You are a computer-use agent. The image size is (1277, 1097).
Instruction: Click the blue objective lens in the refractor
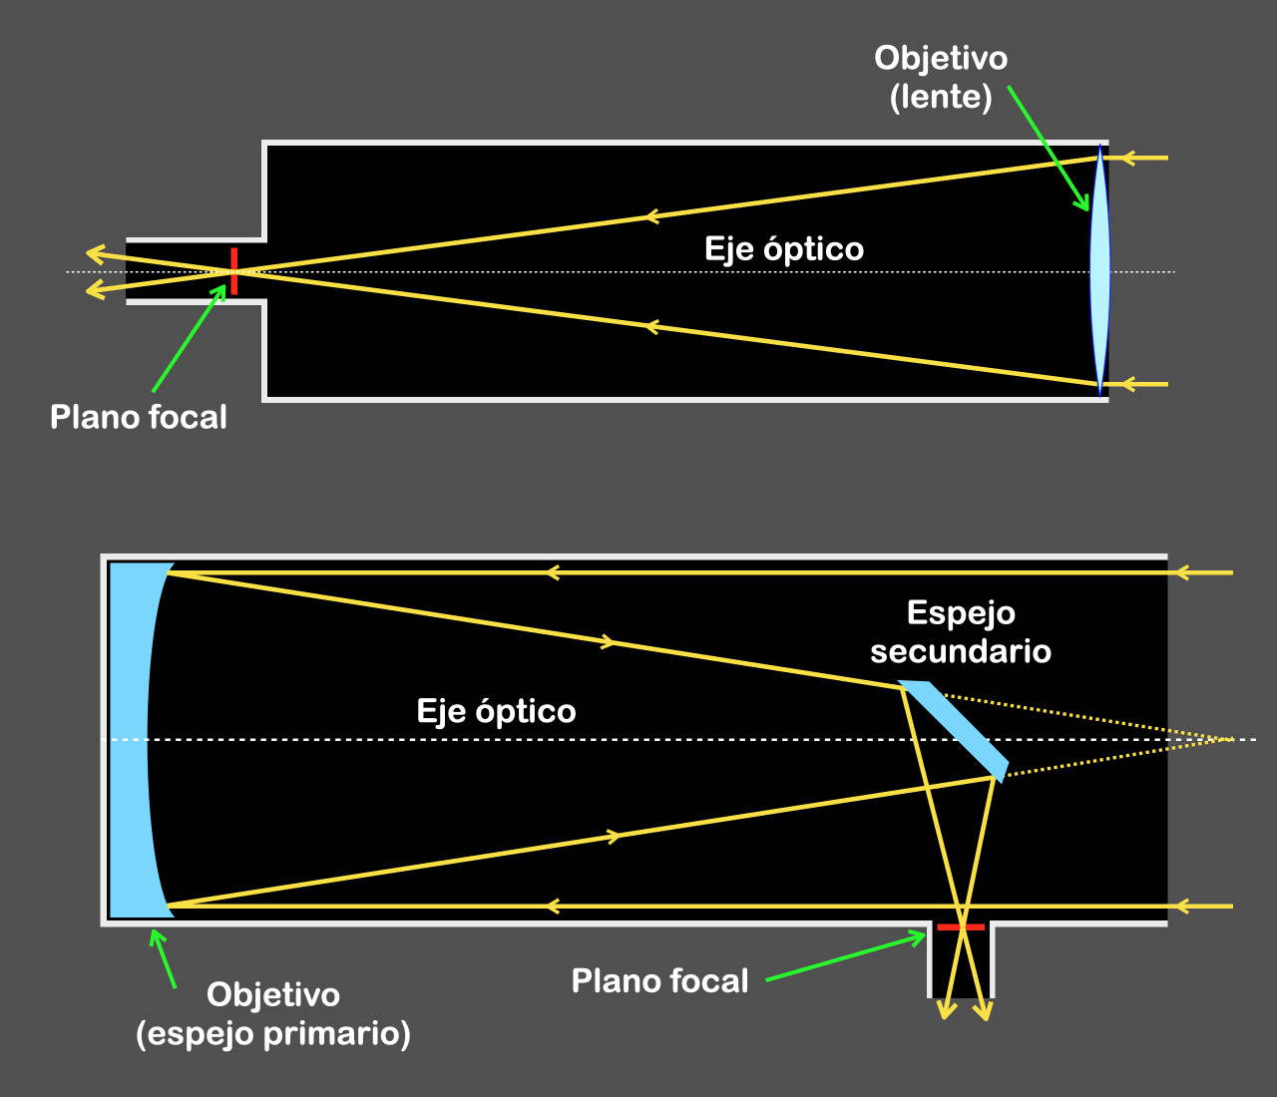pyautogui.click(x=1099, y=270)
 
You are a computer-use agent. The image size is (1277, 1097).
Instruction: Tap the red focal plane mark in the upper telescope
pyautogui.click(x=233, y=271)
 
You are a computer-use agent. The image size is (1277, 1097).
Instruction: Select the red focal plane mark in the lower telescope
pyautogui.click(x=961, y=927)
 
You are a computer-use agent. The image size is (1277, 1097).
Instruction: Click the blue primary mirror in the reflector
pyautogui.click(x=130, y=739)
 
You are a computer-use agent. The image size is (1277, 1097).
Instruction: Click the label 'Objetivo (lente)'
pyautogui.click(x=941, y=77)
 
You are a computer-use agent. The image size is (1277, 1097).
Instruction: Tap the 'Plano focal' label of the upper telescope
pyautogui.click(x=139, y=417)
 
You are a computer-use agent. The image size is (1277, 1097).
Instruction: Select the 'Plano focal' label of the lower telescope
pyautogui.click(x=659, y=981)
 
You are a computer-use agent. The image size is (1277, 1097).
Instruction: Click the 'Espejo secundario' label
pyautogui.click(x=961, y=632)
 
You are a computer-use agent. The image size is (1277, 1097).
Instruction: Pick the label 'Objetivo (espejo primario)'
pyautogui.click(x=273, y=1013)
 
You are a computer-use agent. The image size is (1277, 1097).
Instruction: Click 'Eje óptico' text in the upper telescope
pyautogui.click(x=784, y=248)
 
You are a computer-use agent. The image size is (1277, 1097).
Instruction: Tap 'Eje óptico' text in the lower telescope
pyautogui.click(x=496, y=711)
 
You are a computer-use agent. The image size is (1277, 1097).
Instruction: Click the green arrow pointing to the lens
pyautogui.click(x=1048, y=149)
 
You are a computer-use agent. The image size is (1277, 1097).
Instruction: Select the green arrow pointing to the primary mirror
pyautogui.click(x=163, y=958)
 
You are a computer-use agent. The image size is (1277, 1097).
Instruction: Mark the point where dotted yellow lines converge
pyautogui.click(x=1228, y=739)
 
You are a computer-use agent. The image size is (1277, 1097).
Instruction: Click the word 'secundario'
pyautogui.click(x=961, y=652)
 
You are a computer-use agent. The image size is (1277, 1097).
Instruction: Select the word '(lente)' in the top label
pyautogui.click(x=941, y=97)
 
